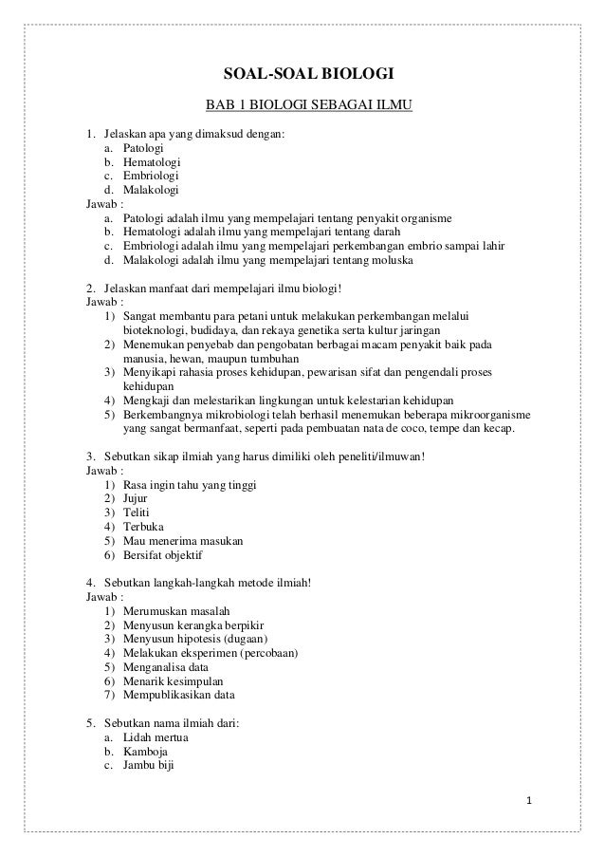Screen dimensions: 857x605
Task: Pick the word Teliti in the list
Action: (137, 512)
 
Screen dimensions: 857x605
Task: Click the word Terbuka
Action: (143, 526)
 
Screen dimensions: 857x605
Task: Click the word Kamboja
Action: (146, 752)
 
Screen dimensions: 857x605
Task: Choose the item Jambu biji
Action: (149, 766)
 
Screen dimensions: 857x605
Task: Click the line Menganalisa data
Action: (166, 667)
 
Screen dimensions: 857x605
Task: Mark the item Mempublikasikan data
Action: (178, 696)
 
